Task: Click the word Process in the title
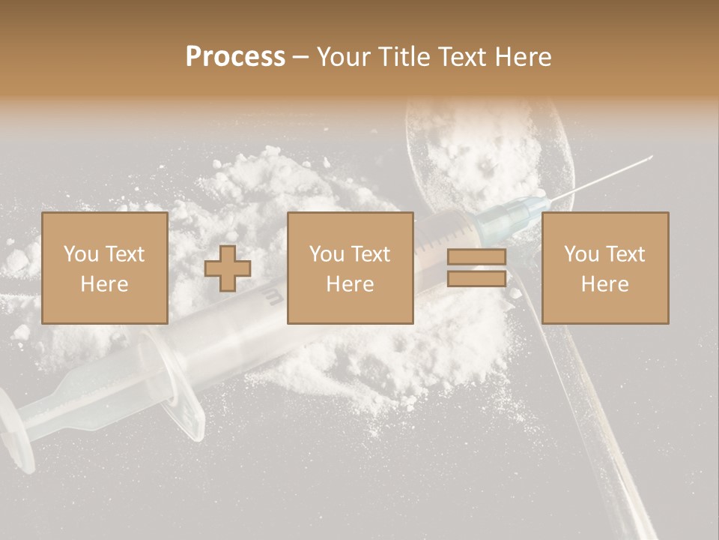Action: [235, 56]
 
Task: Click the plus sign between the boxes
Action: [228, 268]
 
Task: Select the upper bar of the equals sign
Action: [476, 257]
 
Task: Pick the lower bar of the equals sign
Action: [476, 278]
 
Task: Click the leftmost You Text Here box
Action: [104, 268]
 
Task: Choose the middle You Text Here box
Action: [350, 268]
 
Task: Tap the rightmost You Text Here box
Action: [604, 268]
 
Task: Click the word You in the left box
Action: [81, 254]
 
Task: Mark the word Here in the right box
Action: [604, 283]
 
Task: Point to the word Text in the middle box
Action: [371, 254]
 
